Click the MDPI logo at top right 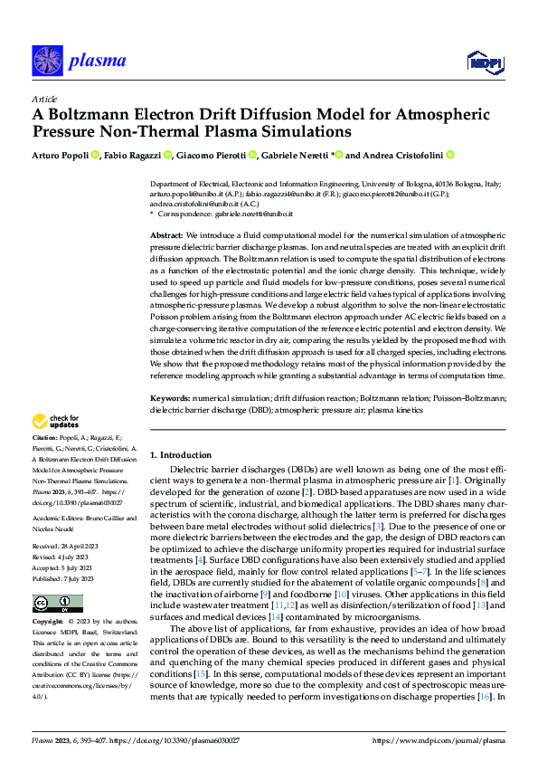[484, 61]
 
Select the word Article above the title [44, 99]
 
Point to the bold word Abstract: [167, 234]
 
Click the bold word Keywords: [170, 397]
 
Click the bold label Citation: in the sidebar [46, 439]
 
